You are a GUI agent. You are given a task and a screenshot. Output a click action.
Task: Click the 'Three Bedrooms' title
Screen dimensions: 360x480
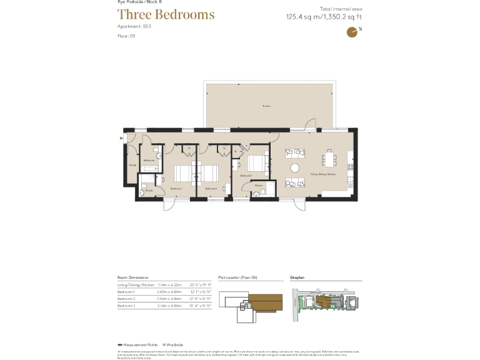coord(166,14)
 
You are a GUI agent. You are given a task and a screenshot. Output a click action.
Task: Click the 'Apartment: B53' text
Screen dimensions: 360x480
coord(134,27)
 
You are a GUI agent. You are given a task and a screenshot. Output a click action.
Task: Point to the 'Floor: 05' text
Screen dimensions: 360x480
coord(126,36)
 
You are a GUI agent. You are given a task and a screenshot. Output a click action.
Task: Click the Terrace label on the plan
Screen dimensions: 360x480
coord(266,106)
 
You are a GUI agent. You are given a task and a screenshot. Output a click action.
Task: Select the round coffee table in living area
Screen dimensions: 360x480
coord(294,167)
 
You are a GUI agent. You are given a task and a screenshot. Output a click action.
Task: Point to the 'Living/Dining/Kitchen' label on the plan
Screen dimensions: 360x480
coord(323,174)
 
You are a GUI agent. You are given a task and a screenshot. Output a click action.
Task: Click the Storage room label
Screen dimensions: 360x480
coord(132,165)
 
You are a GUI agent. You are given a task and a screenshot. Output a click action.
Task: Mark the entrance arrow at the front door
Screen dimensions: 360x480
coord(122,139)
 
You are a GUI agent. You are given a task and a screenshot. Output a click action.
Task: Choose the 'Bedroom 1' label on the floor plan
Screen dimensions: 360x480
coord(176,188)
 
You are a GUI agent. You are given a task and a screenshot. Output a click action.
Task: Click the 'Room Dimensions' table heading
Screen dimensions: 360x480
coord(133,276)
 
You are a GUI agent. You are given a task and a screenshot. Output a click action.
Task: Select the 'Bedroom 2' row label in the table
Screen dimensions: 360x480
coord(127,299)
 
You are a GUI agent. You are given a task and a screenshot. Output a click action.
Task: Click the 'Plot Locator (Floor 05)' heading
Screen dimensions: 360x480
coord(237,276)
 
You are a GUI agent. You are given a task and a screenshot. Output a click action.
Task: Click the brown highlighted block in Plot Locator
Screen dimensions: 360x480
coord(262,306)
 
